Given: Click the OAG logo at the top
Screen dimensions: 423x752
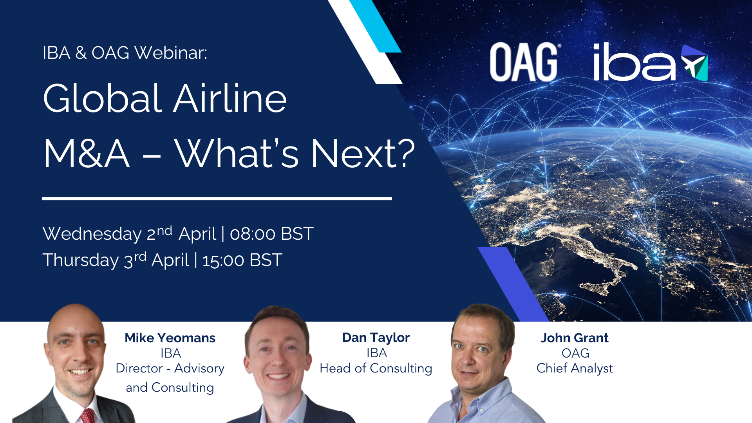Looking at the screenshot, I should tap(524, 62).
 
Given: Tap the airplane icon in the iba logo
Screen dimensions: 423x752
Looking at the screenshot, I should tap(694, 63).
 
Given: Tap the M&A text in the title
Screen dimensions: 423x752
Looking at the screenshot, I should tap(86, 154).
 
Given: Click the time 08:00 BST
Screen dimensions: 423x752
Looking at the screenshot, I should tap(271, 234).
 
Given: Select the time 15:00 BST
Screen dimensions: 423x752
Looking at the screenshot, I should tap(242, 260).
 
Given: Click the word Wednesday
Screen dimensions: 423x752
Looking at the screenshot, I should tap(92, 234).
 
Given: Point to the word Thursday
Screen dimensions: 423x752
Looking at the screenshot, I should tap(80, 260).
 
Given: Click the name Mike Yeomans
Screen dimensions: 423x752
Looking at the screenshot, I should tap(170, 338).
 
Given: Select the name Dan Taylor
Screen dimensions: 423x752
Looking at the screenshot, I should tap(376, 338).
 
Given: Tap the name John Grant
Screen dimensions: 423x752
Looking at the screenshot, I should tap(574, 338).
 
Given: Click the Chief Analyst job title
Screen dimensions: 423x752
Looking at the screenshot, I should tap(574, 369).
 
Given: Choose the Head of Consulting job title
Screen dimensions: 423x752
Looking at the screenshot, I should tap(376, 369).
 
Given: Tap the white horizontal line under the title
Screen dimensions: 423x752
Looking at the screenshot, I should tap(217, 199).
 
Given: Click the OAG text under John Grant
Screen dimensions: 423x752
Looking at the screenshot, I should tap(575, 353).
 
